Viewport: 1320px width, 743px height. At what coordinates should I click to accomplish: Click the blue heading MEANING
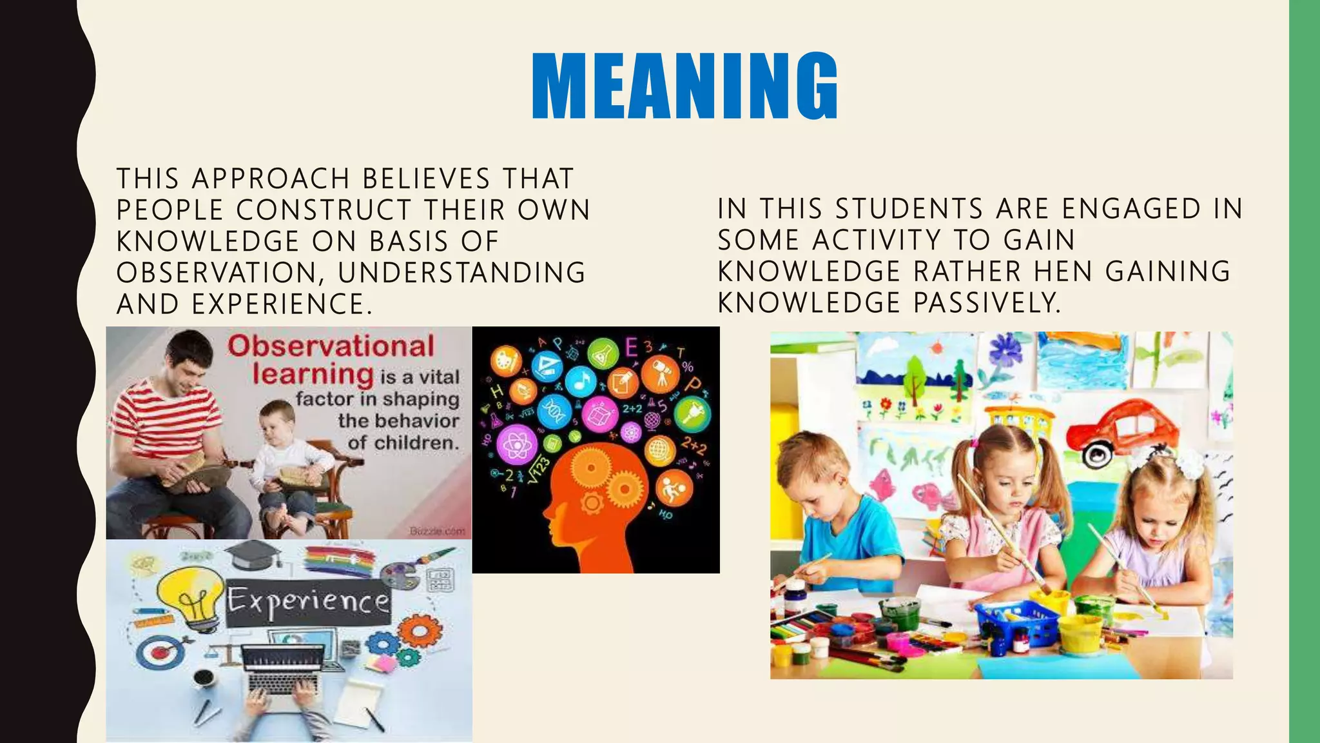coord(684,87)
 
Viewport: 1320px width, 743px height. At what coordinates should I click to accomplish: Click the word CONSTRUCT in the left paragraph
coord(324,210)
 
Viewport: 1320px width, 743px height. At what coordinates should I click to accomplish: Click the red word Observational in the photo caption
coord(331,347)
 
